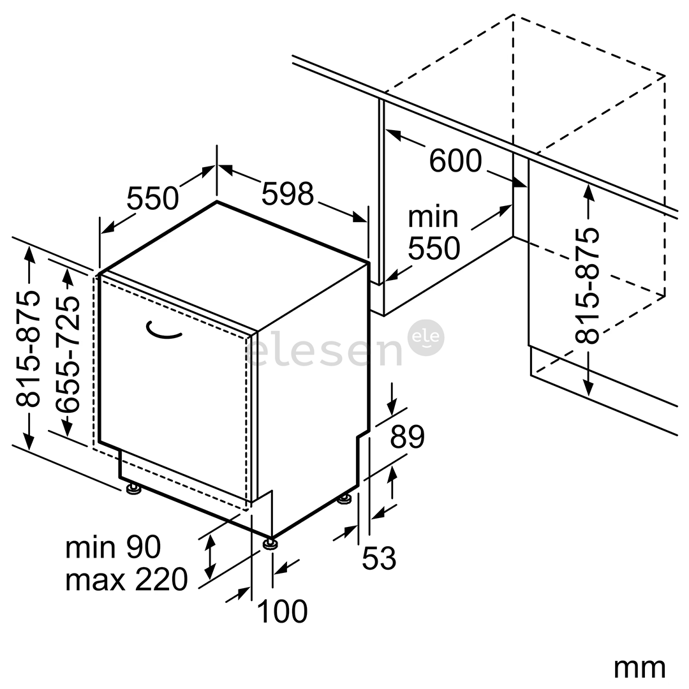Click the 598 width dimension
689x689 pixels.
point(288,193)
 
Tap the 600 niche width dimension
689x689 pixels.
point(456,160)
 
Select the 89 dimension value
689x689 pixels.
point(407,436)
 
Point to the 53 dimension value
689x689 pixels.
point(379,558)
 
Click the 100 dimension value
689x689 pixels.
point(282,611)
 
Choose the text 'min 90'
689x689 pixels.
point(113,547)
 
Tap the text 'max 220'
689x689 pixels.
point(126,579)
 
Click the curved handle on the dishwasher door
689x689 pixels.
point(163,331)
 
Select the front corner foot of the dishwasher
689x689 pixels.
point(270,543)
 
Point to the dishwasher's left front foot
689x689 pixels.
point(133,488)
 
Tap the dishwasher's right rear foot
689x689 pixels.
point(344,499)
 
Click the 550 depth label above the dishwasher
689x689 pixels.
point(152,198)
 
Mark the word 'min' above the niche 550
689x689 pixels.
point(433,217)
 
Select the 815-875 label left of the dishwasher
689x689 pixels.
point(27,348)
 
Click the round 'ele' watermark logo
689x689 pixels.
point(426,337)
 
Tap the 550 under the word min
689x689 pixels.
point(434,248)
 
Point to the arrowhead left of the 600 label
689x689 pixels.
point(393,135)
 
